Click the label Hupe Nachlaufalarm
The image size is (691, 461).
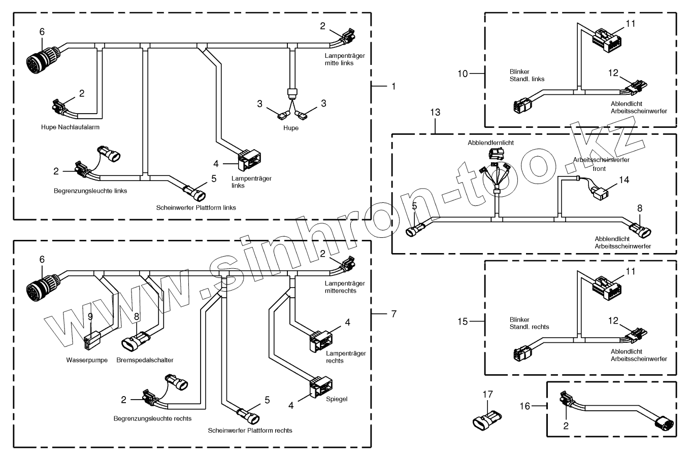(70, 127)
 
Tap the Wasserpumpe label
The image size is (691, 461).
(87, 360)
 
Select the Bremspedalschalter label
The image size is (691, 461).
(145, 360)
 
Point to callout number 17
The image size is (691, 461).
(487, 394)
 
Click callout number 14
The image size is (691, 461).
(624, 180)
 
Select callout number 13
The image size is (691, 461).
(436, 112)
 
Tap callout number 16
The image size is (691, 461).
(524, 406)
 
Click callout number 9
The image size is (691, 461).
(90, 316)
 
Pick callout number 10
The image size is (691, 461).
(463, 74)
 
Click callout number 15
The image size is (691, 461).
(463, 322)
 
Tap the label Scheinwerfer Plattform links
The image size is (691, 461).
(196, 207)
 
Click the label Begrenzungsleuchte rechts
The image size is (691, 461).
(152, 418)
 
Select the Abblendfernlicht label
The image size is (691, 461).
(490, 143)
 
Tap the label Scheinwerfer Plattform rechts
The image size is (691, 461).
(250, 431)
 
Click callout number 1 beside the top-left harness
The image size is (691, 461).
(393, 86)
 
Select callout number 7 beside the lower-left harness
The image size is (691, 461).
(393, 314)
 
